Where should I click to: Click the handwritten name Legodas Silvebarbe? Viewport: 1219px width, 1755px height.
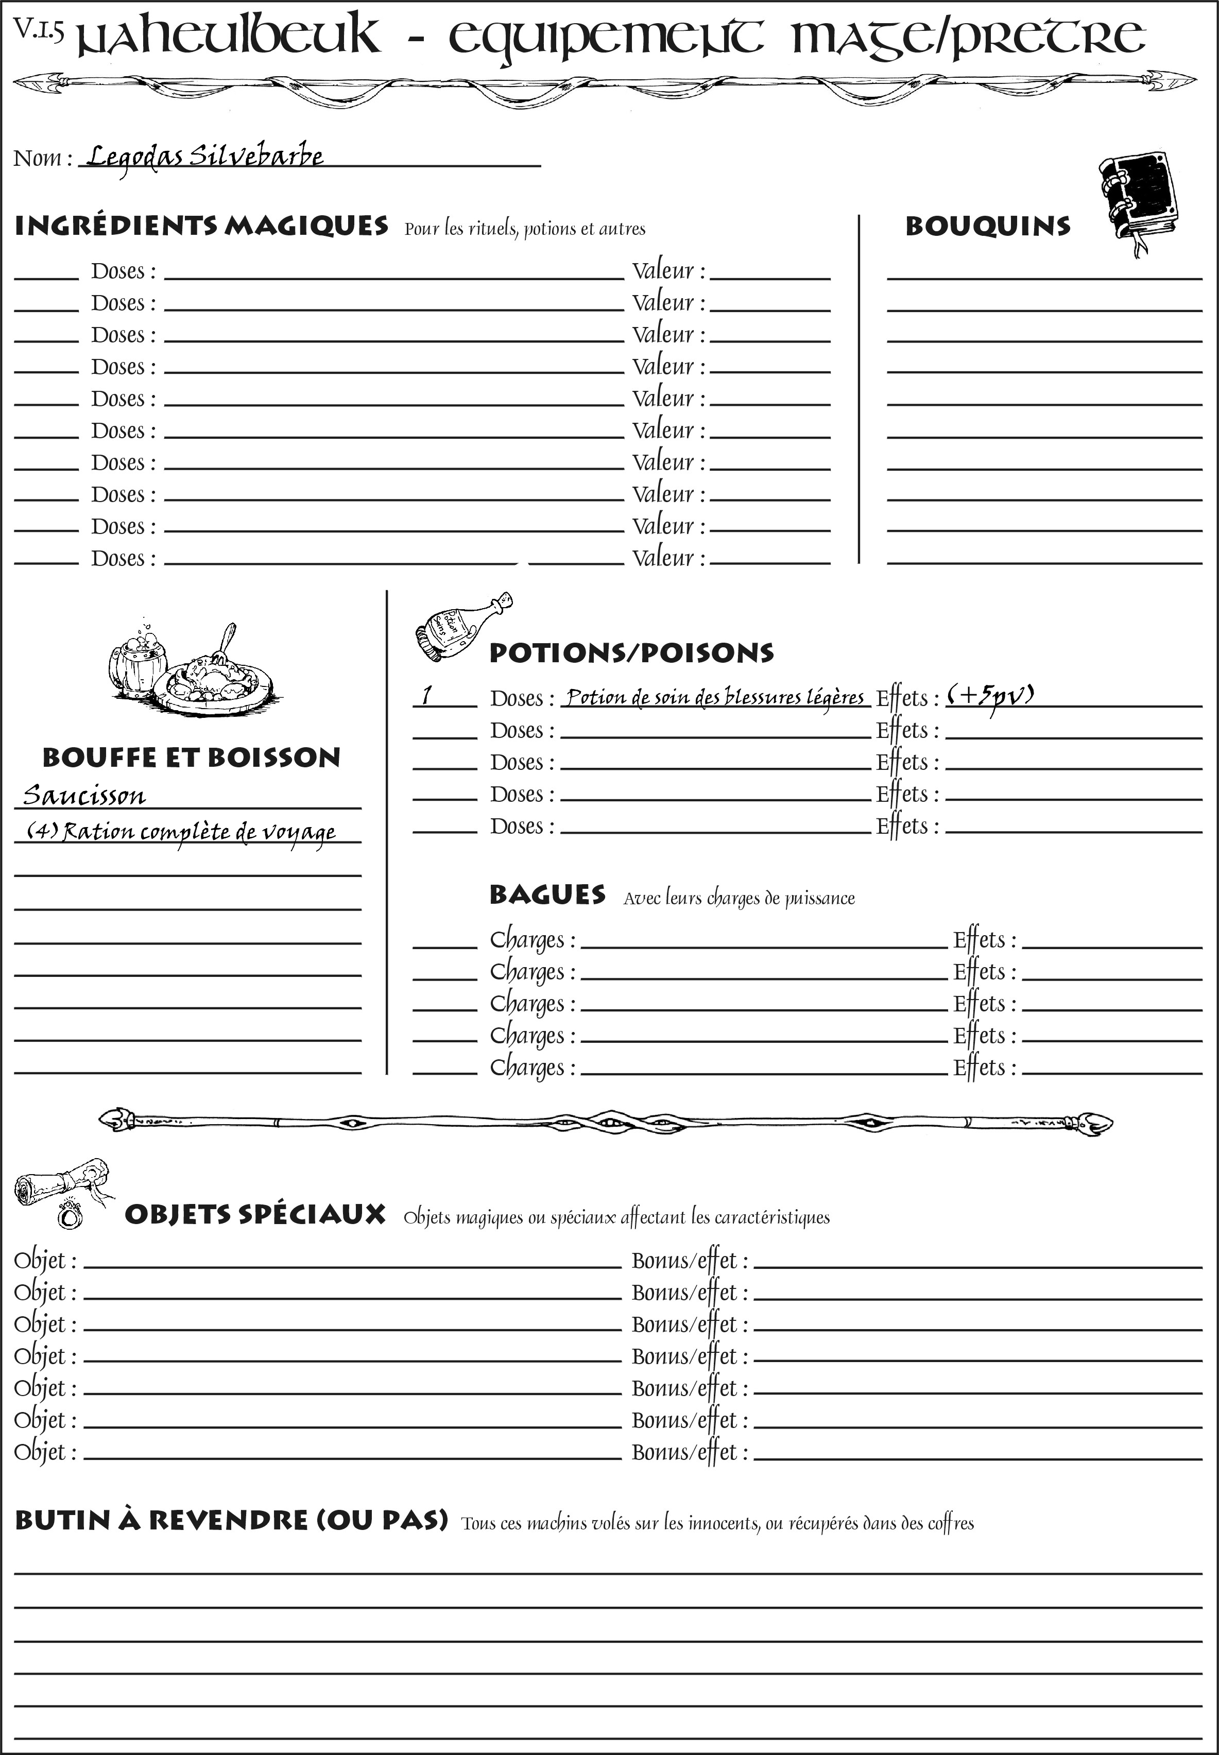pos(204,157)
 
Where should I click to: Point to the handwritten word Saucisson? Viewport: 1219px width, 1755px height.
pos(84,795)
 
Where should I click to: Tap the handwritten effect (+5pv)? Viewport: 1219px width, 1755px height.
pos(991,696)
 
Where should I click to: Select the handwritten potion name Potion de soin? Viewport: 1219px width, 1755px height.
pos(715,697)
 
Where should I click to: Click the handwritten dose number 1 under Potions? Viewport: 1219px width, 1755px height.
pos(427,695)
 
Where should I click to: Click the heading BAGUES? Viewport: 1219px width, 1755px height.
pos(547,894)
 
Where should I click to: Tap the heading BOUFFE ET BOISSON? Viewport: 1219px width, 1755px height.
pos(191,757)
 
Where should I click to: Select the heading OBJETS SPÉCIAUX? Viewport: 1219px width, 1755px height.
pos(255,1214)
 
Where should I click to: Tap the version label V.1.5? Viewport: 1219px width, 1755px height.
pos(38,30)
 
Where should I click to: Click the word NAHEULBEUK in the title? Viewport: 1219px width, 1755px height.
pos(229,37)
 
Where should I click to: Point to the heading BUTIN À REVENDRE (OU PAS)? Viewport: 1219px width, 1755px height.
pos(231,1520)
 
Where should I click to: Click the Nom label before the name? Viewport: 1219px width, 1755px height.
pos(43,158)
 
